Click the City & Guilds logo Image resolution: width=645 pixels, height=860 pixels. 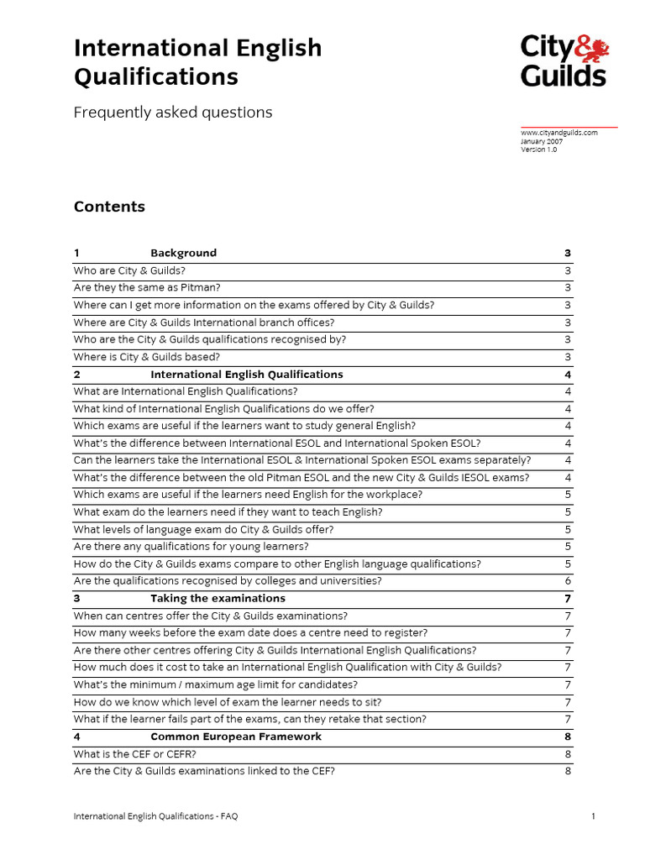point(564,60)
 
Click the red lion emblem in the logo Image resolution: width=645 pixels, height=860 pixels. point(593,47)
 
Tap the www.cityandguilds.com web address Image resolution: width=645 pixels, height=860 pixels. point(558,133)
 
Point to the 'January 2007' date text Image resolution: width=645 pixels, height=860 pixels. point(542,141)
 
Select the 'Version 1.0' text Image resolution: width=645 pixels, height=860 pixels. point(538,149)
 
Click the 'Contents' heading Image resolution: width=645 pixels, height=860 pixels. point(109,207)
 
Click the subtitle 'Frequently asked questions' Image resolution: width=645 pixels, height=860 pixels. point(173,112)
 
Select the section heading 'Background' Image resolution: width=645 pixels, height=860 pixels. point(183,253)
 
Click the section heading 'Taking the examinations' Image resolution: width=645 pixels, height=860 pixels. point(218,599)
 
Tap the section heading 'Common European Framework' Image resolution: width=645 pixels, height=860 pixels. point(235,737)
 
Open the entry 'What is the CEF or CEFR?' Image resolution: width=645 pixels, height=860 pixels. point(135,754)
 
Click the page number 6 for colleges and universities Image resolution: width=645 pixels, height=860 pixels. point(568,581)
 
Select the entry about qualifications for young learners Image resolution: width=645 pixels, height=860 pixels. point(191,547)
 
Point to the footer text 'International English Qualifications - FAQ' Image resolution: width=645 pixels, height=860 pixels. point(161,815)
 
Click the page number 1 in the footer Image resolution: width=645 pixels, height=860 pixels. point(593,815)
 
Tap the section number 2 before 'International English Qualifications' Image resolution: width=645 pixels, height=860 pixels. point(77,375)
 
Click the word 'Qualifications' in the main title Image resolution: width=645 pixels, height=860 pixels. point(156,77)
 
